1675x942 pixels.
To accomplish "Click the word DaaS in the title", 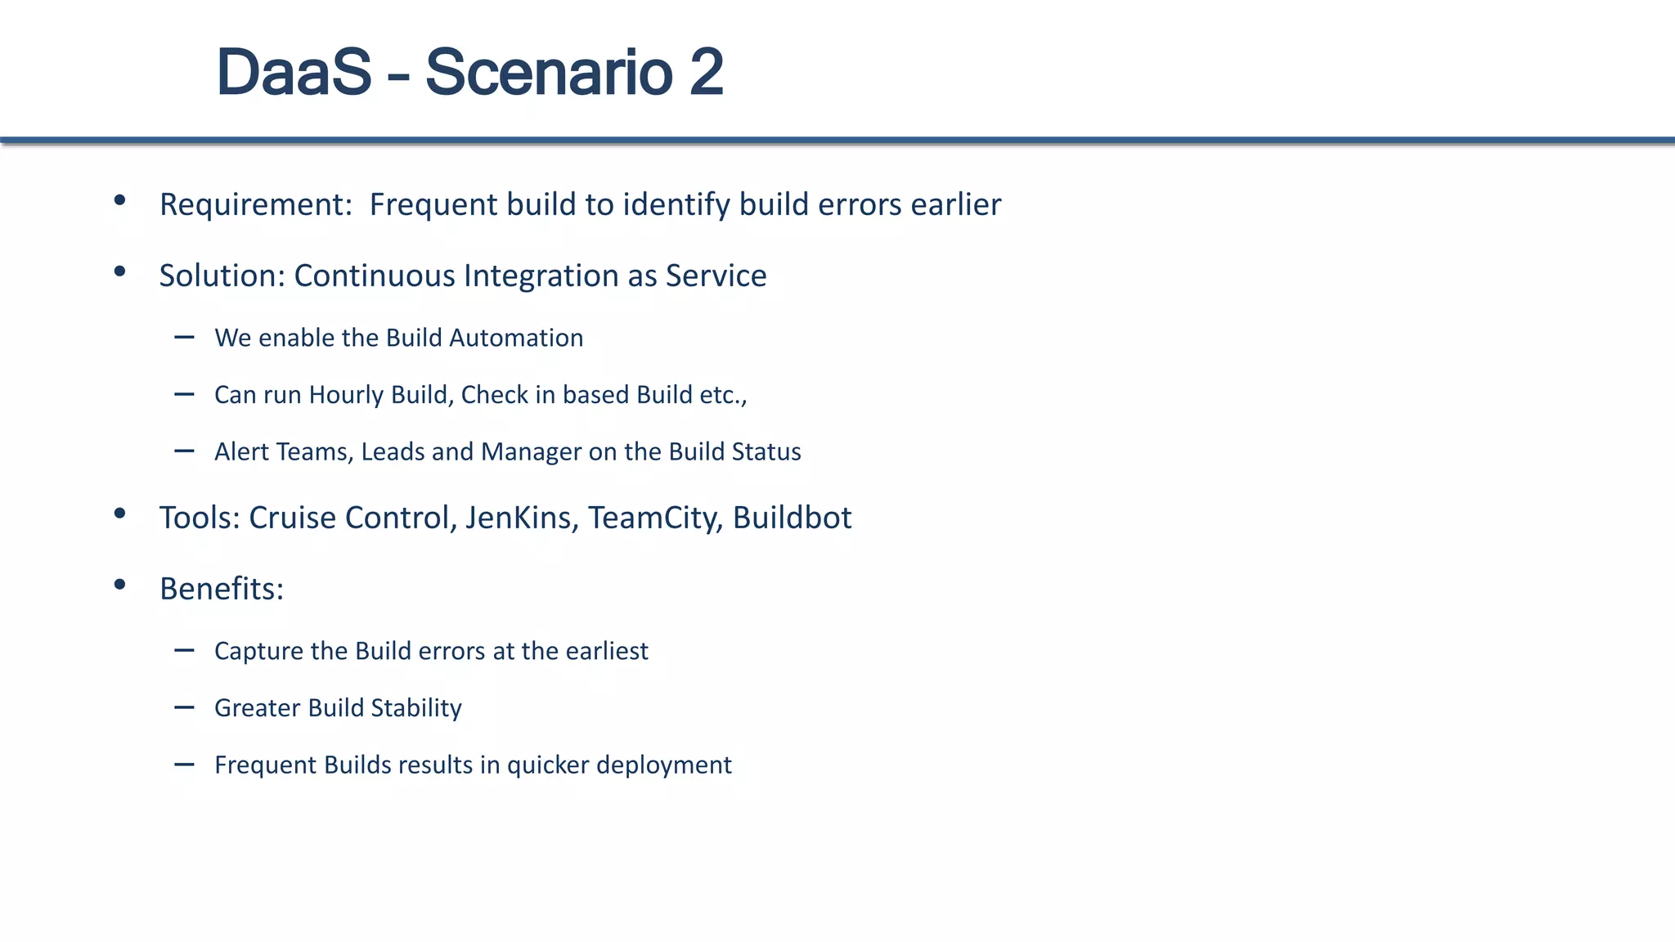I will click(294, 73).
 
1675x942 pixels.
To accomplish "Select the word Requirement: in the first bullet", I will click(255, 204).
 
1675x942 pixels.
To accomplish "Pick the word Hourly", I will click(346, 395).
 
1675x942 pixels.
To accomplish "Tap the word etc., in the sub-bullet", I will click(723, 395).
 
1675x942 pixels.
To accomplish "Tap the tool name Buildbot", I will click(792, 518).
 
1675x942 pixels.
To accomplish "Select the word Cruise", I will click(290, 518).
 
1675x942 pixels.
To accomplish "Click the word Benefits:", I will click(222, 589).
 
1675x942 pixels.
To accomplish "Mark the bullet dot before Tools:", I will click(120, 514).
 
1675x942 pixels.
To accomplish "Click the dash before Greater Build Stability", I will click(184, 706).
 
